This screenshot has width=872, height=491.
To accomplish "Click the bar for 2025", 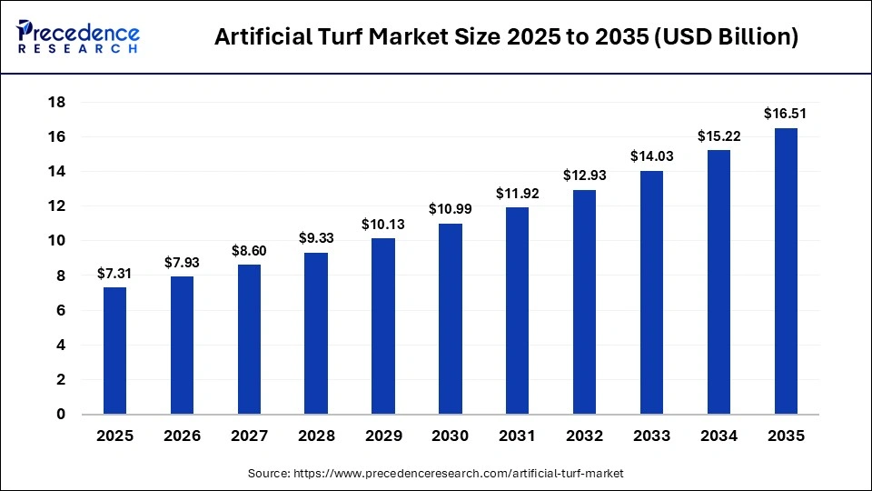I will tap(114, 351).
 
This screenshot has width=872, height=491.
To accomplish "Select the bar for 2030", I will tap(451, 319).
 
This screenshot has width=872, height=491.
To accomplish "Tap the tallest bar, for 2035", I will tap(786, 271).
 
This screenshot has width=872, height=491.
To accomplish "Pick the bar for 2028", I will tap(316, 334).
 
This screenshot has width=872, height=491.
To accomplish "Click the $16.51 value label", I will tap(786, 114).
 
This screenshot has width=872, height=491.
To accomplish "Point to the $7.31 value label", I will tap(114, 273).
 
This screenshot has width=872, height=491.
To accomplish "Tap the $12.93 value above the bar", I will tap(584, 175).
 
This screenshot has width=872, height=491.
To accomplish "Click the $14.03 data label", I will tap(651, 156).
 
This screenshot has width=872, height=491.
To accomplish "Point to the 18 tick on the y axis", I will tap(56, 103).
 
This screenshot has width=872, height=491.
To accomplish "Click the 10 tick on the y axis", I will tap(56, 241).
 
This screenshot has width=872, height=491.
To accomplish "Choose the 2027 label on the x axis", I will tap(249, 436).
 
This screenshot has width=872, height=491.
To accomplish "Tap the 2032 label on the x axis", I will tap(584, 436).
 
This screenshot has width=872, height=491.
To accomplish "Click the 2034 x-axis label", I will tap(718, 436).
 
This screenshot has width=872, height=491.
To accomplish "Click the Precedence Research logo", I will tap(78, 36).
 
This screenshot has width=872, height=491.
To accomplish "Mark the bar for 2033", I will tap(651, 293).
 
